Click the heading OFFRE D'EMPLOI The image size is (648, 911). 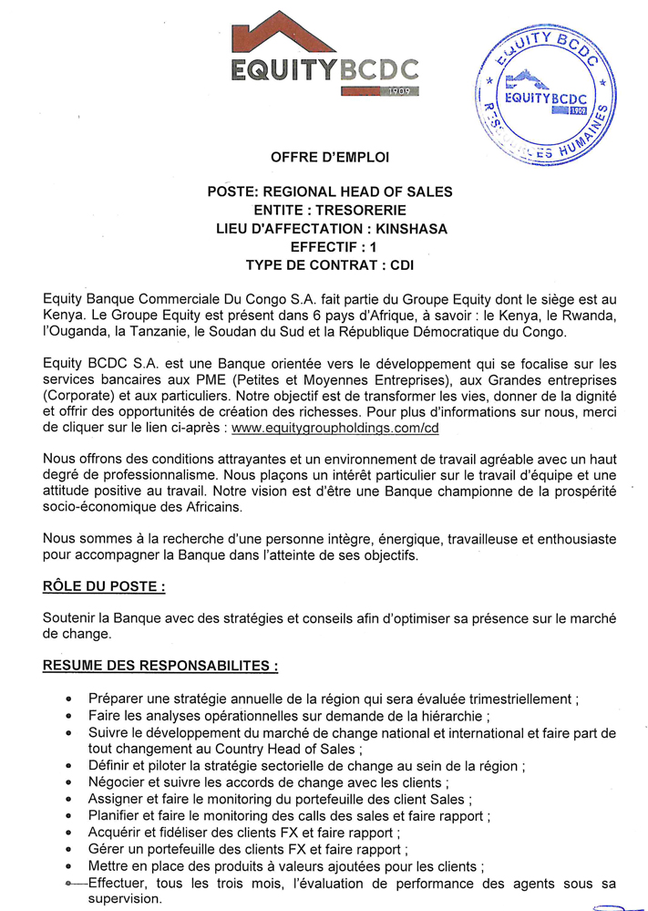330,157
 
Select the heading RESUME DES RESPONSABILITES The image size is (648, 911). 160,666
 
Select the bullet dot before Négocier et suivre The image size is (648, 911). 70,782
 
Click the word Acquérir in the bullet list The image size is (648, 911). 118,832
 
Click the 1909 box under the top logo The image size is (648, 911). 402,91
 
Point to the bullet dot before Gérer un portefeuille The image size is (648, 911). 70,849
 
